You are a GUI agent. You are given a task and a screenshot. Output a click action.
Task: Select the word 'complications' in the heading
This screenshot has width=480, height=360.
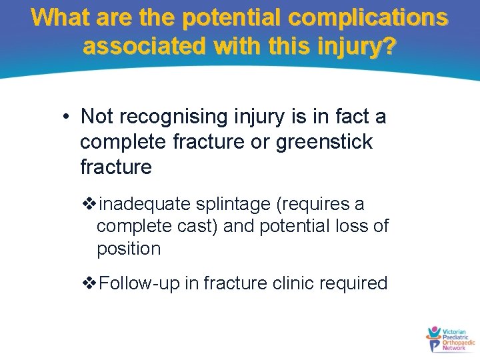[369, 17]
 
